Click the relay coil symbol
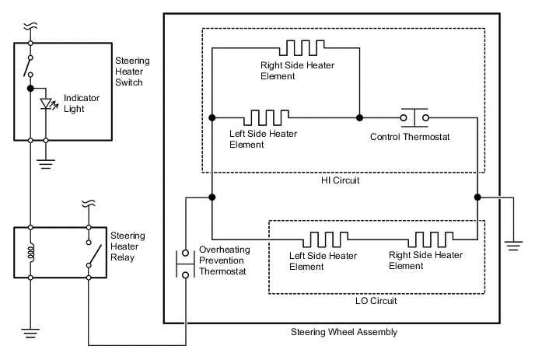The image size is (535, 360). coord(30,253)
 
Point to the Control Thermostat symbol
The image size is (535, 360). coord(414,117)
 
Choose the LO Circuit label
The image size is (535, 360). coord(376,299)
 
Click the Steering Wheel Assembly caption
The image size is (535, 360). coord(343,332)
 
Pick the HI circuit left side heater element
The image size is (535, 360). coord(268,118)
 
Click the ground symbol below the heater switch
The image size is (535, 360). coord(47,164)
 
